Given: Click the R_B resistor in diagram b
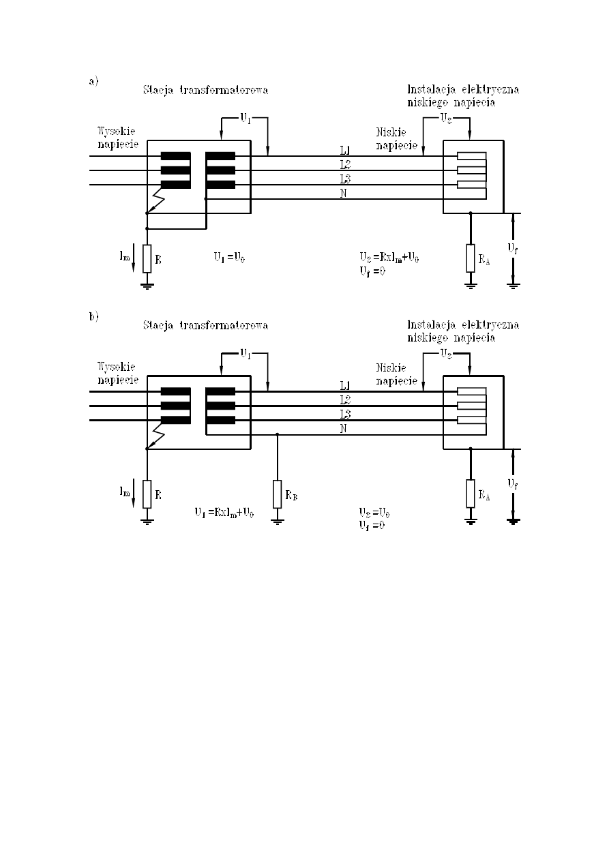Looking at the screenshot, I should [277, 494].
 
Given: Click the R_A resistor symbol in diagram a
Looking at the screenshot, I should [471, 258].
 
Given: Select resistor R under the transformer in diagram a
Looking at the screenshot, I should [147, 258].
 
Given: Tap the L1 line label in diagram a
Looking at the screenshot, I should [345, 149].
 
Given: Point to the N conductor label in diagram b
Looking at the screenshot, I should [344, 428].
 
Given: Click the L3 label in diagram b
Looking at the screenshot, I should [345, 414].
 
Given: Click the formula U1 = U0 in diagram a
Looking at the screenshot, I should [231, 257].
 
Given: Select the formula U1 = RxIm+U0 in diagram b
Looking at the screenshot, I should [224, 513].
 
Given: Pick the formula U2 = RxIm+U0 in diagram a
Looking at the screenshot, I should [389, 257].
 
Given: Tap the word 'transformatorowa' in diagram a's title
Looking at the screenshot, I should [226, 90].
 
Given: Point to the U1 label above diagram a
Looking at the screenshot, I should [244, 118].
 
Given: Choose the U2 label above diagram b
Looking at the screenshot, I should [445, 354].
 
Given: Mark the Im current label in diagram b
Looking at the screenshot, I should [125, 492].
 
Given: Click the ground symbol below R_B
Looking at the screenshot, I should [277, 522].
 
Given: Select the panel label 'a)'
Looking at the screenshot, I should [93, 81].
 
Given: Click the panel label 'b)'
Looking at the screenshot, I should [93, 316].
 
